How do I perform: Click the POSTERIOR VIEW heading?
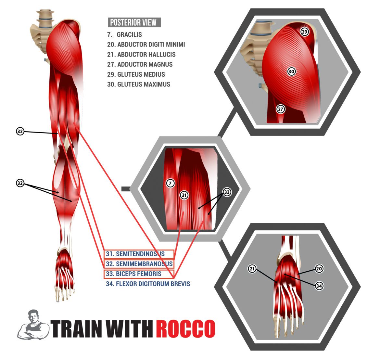(134, 22)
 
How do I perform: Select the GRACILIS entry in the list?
(125, 35)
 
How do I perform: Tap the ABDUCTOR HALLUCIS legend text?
(141, 55)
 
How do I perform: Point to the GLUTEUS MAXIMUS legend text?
(139, 84)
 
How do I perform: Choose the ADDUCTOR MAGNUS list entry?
(140, 64)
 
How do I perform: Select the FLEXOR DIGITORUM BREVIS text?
(148, 284)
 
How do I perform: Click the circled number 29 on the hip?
(304, 32)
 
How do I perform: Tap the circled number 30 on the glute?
(291, 71)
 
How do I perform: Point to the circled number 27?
(281, 109)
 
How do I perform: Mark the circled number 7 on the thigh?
(171, 183)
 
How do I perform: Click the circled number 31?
(184, 195)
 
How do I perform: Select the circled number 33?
(227, 192)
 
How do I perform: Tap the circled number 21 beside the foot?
(252, 269)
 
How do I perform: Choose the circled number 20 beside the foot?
(319, 269)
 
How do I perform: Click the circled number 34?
(319, 286)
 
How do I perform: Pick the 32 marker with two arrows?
(20, 183)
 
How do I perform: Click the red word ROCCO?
(186, 329)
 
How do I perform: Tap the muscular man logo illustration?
(33, 325)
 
